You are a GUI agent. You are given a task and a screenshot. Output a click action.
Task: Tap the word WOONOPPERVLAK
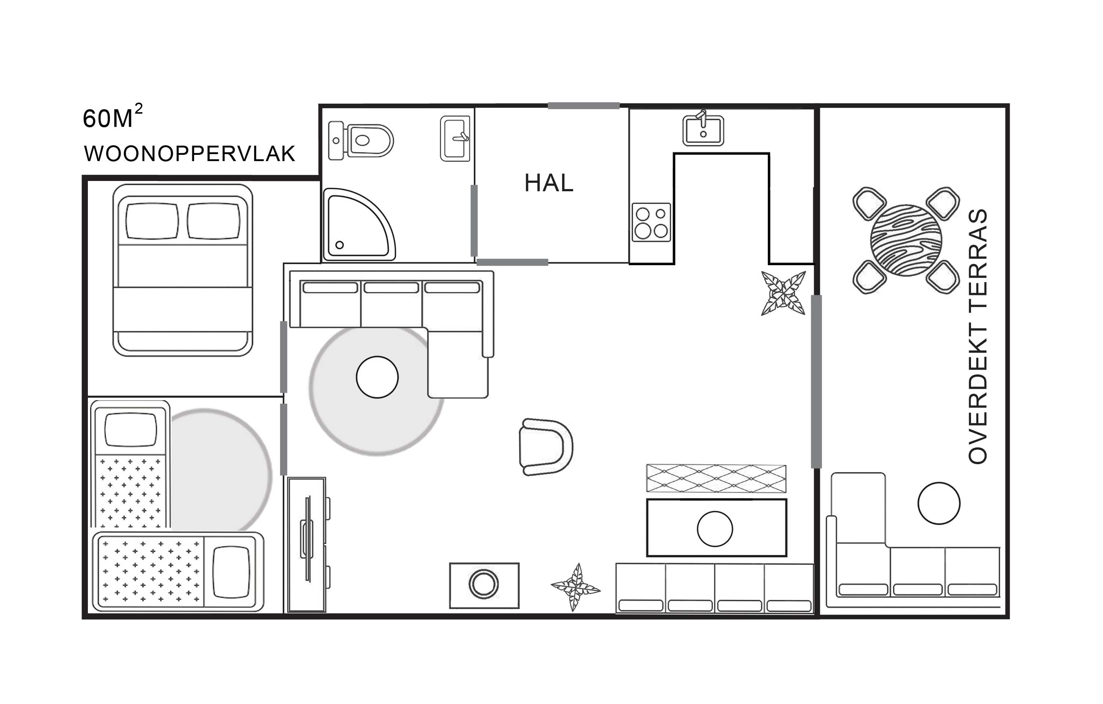[x=189, y=154]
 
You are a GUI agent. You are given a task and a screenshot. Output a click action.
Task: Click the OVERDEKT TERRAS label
[x=978, y=337]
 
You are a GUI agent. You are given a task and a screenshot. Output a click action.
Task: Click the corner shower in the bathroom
[x=359, y=225]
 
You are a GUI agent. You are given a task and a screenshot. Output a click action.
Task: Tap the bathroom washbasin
[x=455, y=138]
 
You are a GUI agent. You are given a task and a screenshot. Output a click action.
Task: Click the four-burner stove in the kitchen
[x=652, y=222]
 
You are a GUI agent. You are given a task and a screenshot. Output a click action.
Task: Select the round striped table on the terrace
[x=906, y=240]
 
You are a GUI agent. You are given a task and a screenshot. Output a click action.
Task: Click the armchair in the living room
[x=546, y=447]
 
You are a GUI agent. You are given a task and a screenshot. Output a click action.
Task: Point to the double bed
[x=183, y=270]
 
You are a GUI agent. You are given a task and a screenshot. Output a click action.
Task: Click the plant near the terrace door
[x=783, y=294]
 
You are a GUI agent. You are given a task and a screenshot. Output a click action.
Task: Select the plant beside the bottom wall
[x=575, y=587]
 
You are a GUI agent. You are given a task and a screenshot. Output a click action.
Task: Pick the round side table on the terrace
[x=939, y=503]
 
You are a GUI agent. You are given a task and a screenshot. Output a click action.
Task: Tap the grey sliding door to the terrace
[x=816, y=382]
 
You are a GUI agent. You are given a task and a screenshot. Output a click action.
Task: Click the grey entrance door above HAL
[x=583, y=106]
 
